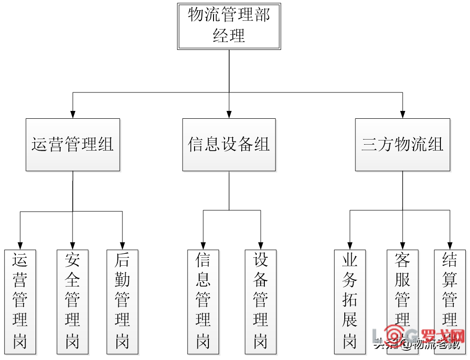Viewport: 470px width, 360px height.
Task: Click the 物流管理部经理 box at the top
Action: pos(229,26)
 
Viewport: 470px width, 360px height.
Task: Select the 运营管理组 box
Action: pos(73,145)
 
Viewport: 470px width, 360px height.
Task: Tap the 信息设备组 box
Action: pos(229,145)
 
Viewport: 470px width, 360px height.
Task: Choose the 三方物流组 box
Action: pos(402,145)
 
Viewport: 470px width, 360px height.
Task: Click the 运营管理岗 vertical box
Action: pos(20,301)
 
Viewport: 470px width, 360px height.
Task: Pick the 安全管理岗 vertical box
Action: pos(73,301)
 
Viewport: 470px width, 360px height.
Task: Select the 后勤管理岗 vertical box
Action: pos(122,301)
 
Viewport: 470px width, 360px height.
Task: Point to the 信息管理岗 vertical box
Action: pos(203,301)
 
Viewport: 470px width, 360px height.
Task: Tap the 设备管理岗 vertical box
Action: pos(261,301)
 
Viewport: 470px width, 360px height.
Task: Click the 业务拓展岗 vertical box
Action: pos(350,301)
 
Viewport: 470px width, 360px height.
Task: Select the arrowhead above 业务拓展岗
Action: pos(350,246)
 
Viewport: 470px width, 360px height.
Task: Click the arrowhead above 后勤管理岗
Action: pos(122,246)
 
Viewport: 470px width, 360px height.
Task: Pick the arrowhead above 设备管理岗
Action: pos(261,246)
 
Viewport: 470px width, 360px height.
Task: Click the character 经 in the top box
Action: pos(220,36)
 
